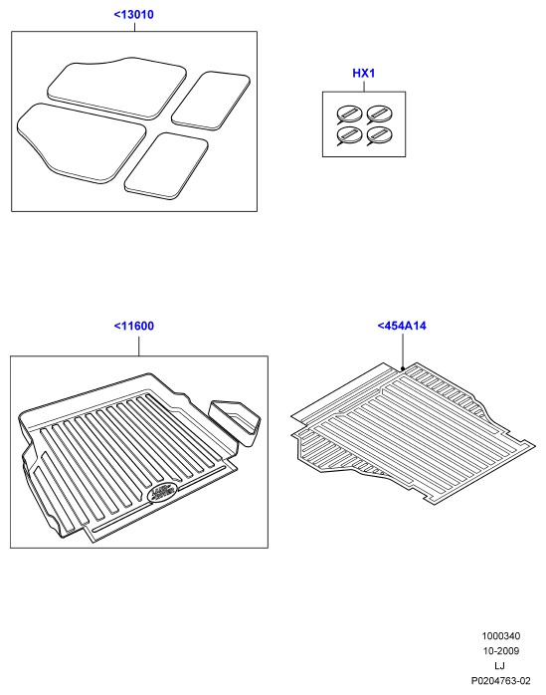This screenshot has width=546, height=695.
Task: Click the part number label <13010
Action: [133, 15]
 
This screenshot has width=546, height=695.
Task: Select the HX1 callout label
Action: [364, 73]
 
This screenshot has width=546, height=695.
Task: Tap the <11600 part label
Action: [134, 327]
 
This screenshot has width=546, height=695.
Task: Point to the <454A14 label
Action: [402, 326]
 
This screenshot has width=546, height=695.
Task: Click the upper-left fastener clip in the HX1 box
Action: [348, 115]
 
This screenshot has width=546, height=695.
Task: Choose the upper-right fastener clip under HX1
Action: [379, 115]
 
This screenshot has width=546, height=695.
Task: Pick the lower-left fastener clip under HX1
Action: [348, 135]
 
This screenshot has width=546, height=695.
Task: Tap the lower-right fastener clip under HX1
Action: [379, 135]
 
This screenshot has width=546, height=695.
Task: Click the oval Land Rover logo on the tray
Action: [162, 492]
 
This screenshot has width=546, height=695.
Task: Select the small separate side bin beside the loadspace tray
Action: [235, 421]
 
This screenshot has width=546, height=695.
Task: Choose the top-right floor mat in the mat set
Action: [211, 101]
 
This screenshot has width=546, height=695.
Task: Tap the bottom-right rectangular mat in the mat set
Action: [166, 165]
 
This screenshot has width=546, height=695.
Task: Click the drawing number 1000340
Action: [501, 636]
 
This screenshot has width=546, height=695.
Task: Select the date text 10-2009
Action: [501, 650]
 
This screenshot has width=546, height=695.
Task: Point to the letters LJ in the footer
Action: [499, 666]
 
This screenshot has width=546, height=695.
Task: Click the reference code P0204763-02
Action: [500, 681]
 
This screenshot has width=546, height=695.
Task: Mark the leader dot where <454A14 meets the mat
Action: [403, 368]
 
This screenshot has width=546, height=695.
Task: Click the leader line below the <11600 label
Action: [138, 347]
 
